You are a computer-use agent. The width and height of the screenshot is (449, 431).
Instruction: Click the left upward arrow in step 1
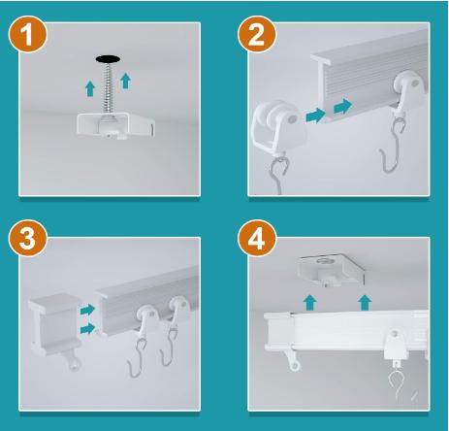[90, 88]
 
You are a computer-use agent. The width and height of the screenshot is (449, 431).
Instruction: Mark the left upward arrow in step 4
[310, 303]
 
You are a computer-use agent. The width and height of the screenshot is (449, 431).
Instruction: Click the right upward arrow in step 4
[365, 303]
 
